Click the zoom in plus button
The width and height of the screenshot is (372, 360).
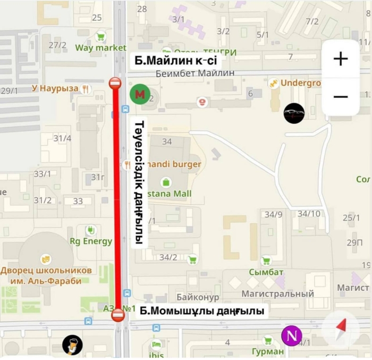click(340, 58)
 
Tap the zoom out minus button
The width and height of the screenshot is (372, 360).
click(340, 97)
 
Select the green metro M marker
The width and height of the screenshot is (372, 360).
click(140, 95)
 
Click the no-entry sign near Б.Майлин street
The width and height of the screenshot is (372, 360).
click(115, 83)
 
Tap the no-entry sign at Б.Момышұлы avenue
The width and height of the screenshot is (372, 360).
click(118, 316)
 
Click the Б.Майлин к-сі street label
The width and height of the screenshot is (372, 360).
click(175, 61)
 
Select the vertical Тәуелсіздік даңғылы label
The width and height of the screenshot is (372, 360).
click(139, 182)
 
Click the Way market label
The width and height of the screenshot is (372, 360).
click(100, 48)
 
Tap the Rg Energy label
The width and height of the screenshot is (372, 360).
click(91, 241)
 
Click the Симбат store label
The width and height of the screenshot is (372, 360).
click(266, 272)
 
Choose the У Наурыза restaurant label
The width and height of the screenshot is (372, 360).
click(55, 88)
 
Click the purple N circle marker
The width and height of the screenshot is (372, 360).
click(291, 336)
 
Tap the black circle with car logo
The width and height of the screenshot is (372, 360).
click(294, 113)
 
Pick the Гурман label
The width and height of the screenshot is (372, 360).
click(268, 351)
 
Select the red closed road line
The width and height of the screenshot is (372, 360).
click(117, 202)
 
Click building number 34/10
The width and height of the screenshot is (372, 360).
click(309, 214)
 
